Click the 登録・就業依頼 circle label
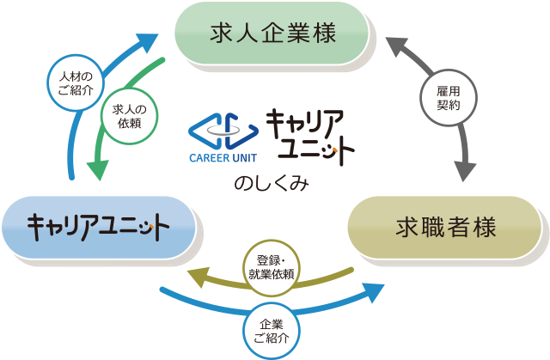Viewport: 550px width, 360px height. pyautogui.click(x=271, y=266)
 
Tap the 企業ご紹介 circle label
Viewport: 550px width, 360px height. pyautogui.click(x=271, y=331)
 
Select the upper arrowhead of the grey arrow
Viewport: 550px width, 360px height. pyautogui.click(x=390, y=43)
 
